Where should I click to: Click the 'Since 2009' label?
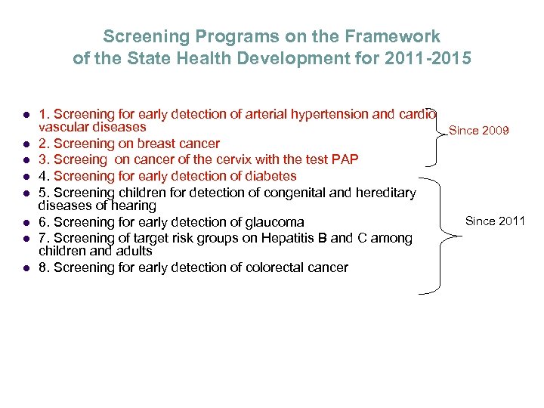point(479,131)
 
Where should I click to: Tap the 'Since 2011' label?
point(495,221)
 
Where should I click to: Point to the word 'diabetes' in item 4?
point(271,176)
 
